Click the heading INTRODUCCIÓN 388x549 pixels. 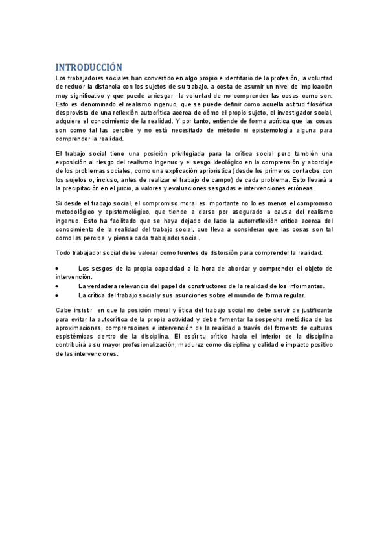pyautogui.click(x=88, y=67)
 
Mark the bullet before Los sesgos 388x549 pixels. pyautogui.click(x=58, y=268)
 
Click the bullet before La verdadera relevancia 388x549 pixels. pyautogui.click(x=58, y=286)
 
